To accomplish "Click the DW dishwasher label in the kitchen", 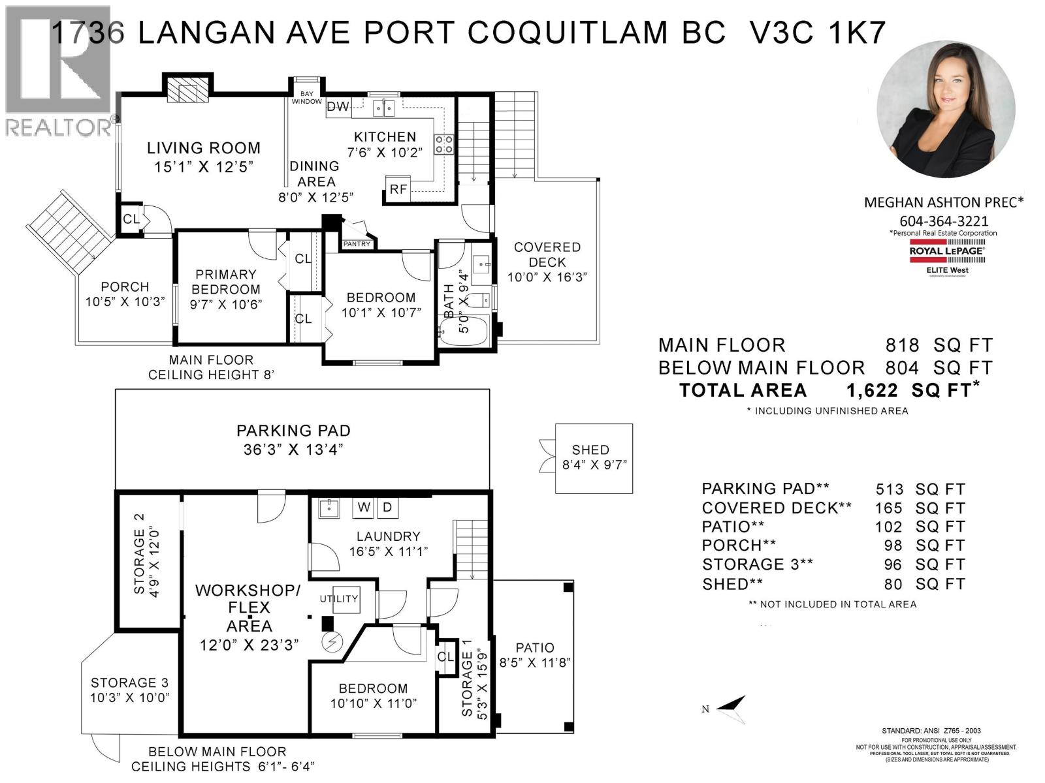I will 337,106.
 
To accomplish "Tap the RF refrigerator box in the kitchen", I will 398,190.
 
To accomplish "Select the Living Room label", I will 203,148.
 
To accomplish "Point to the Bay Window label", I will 306,98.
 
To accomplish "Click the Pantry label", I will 357,244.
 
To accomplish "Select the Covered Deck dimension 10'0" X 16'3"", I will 547,277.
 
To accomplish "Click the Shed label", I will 590,450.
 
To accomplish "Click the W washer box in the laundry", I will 364,507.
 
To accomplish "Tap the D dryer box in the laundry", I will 387,507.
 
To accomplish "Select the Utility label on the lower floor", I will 339,598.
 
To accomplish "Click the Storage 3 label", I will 129,683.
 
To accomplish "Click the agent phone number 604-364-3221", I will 944,221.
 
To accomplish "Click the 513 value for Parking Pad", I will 889,489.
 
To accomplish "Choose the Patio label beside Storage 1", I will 535,647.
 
